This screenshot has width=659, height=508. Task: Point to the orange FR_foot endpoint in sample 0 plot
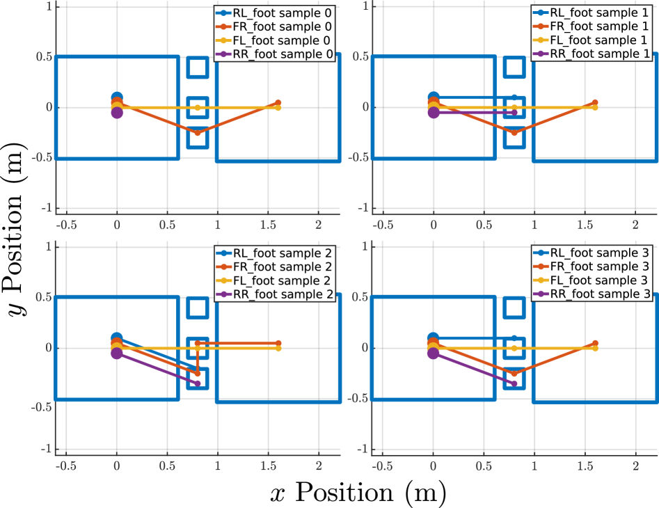(x=278, y=103)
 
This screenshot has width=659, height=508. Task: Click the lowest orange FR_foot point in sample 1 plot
(x=514, y=132)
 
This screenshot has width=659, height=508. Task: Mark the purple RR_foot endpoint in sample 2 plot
(x=198, y=383)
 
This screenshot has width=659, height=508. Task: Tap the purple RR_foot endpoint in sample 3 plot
(x=514, y=383)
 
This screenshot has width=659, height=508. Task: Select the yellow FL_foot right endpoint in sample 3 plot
(x=595, y=348)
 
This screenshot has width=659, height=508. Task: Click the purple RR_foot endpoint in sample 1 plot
(x=514, y=112)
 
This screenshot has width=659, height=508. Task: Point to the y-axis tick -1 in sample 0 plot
(x=47, y=208)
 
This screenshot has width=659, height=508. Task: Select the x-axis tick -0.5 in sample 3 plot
(x=383, y=465)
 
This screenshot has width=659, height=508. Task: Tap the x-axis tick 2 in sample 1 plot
(x=635, y=225)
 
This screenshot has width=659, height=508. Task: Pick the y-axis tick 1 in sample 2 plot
(x=49, y=246)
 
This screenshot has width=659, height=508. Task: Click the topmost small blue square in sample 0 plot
(x=198, y=68)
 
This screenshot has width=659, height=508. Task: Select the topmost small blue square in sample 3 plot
(x=514, y=308)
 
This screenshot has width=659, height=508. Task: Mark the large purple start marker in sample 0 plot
(x=117, y=113)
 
